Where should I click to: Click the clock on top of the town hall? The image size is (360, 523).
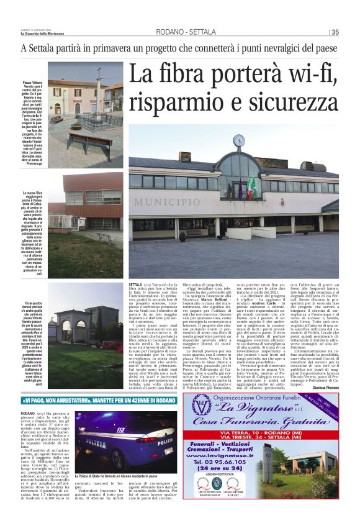[239, 142]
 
